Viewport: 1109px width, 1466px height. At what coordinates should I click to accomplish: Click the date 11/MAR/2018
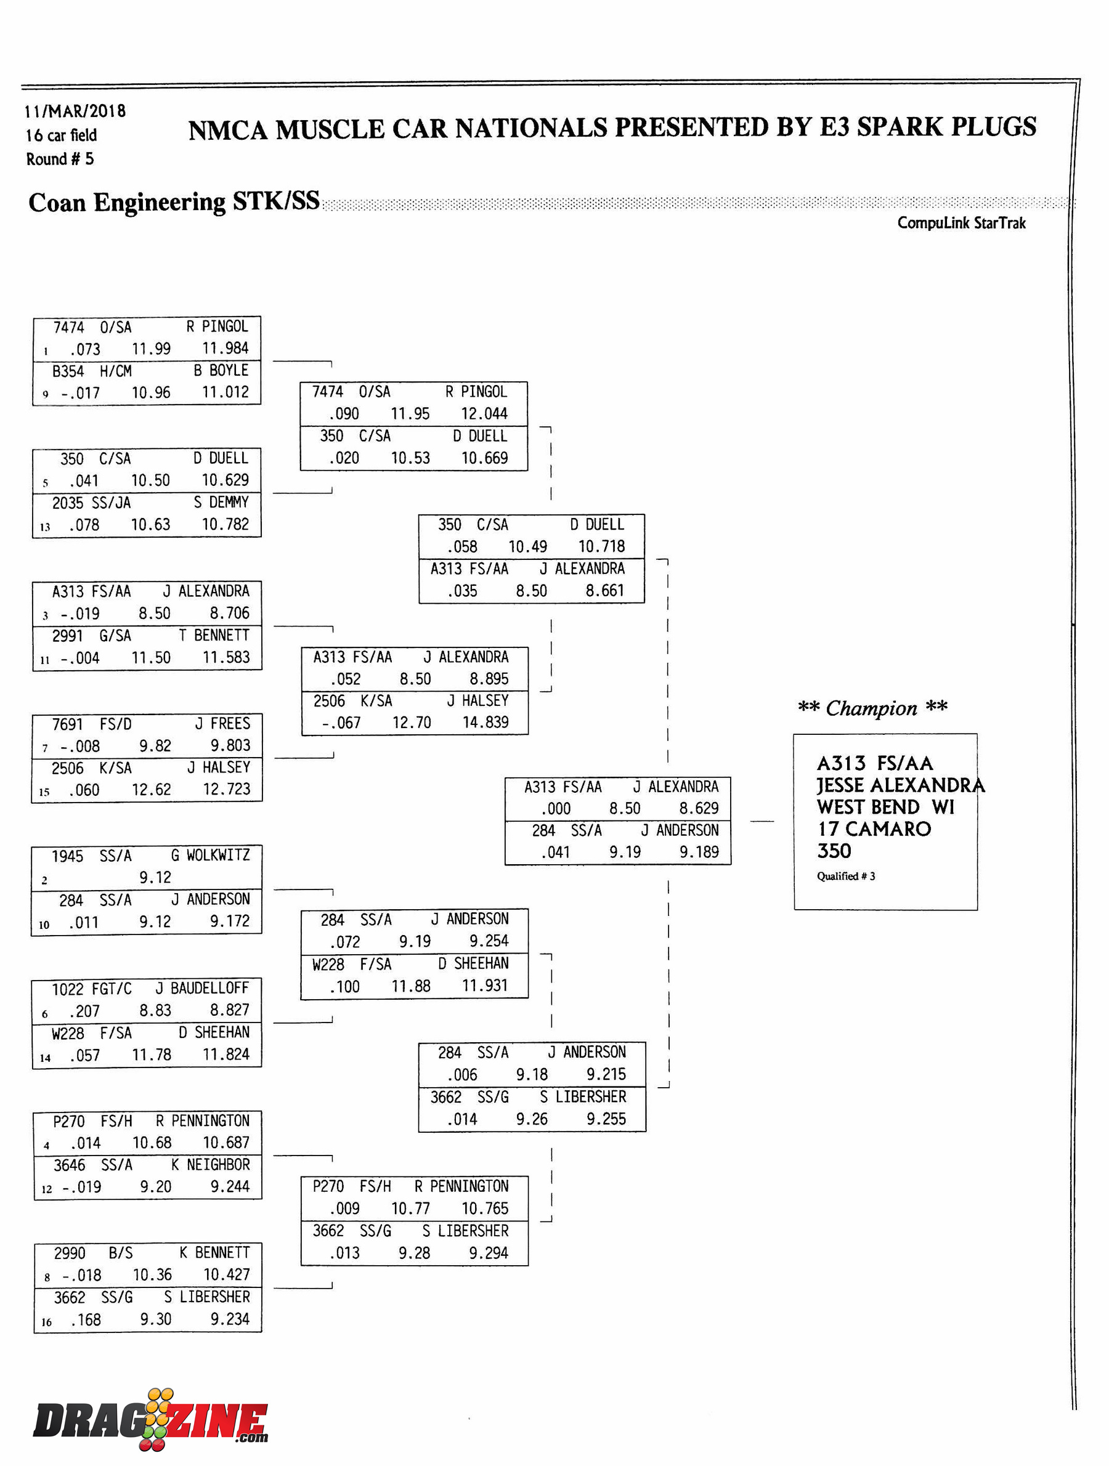75,111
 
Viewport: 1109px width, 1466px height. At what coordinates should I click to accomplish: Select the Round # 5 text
60,159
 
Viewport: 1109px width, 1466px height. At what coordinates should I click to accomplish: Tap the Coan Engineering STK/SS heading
174,201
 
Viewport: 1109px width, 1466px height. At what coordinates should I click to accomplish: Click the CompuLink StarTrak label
961,223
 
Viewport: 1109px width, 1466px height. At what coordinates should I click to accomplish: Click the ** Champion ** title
872,708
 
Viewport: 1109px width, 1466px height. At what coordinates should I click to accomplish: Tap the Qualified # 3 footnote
845,876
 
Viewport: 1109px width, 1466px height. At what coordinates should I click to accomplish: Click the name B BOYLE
221,370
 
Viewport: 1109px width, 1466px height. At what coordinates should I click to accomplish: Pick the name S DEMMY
221,503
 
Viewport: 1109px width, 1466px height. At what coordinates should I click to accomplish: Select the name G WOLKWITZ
210,855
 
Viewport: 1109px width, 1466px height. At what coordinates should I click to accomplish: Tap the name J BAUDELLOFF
202,988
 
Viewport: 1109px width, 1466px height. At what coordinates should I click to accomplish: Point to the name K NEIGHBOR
210,1164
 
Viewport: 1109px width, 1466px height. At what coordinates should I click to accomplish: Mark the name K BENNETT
214,1253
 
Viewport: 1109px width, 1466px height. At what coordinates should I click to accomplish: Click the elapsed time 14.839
485,722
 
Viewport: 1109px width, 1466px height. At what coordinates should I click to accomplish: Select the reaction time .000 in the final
556,809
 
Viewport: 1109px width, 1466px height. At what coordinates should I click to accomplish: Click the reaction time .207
84,1011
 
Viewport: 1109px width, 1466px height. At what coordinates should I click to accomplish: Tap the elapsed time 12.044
484,413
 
